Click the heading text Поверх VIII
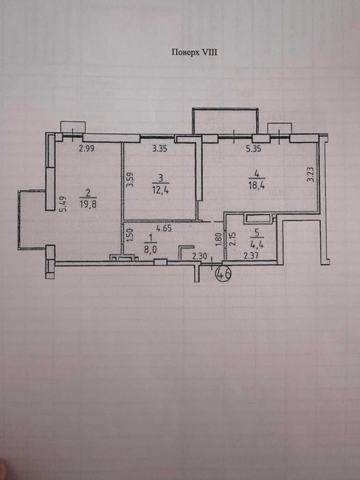pyautogui.click(x=194, y=52)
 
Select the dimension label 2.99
pyautogui.click(x=86, y=149)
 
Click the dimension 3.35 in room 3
pyautogui.click(x=160, y=149)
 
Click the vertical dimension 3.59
pyautogui.click(x=130, y=180)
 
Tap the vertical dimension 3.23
pyautogui.click(x=311, y=174)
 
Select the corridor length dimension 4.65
pyautogui.click(x=164, y=228)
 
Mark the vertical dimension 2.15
pyautogui.click(x=232, y=239)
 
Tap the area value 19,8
pyautogui.click(x=88, y=204)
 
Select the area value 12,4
pyautogui.click(x=160, y=190)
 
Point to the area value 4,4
pyautogui.click(x=256, y=244)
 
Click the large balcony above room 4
pyautogui.click(x=226, y=108)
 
